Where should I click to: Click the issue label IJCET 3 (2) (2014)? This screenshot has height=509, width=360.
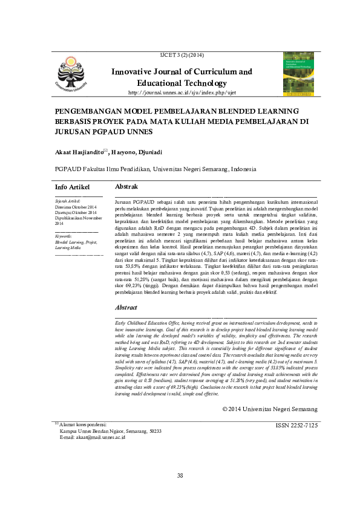tap(181, 55)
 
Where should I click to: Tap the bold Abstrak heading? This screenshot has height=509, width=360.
tap(126, 187)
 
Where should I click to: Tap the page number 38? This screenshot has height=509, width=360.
tap(180, 476)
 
